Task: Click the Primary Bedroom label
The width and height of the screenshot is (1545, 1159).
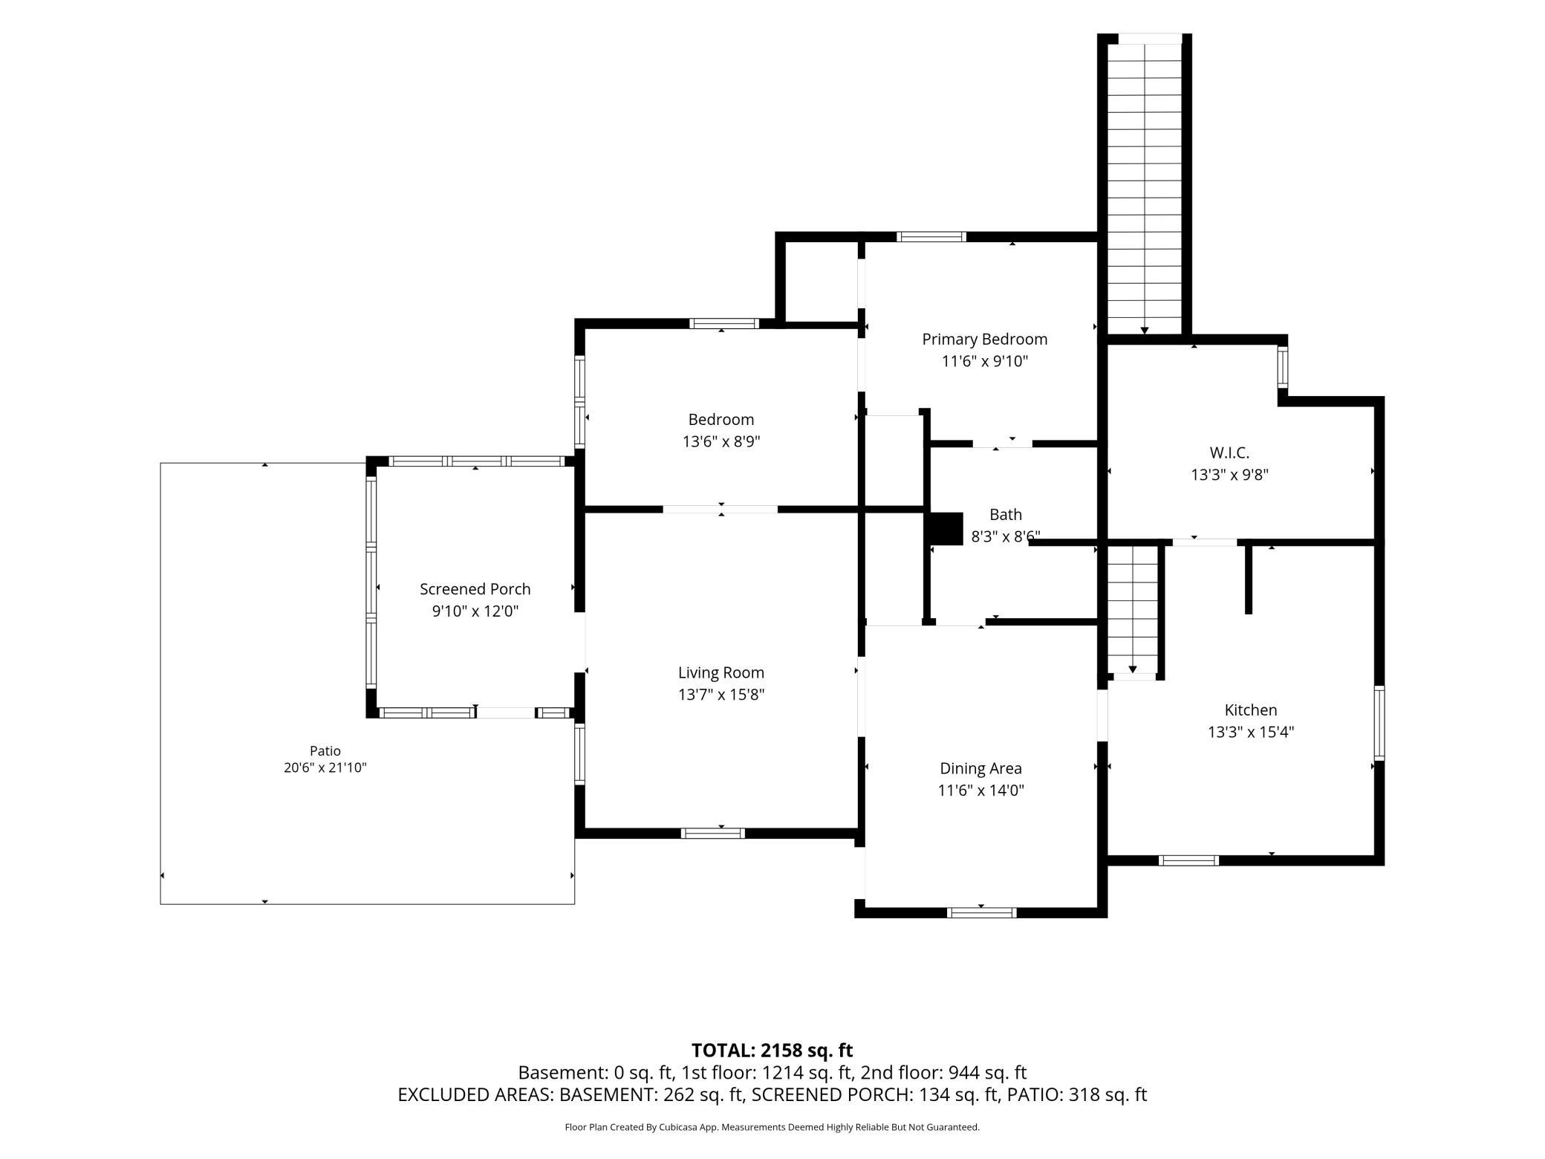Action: point(984,340)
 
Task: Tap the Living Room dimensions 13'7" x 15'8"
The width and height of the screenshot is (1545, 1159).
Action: point(721,695)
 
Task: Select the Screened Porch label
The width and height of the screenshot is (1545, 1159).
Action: point(475,589)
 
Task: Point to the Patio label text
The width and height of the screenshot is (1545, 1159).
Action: point(325,751)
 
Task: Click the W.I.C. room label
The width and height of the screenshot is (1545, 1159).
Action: point(1229,452)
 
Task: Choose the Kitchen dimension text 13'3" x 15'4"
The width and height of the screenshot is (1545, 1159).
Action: point(1251,732)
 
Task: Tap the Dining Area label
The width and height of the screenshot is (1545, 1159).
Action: point(980,769)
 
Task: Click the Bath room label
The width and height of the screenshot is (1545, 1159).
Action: point(1006,515)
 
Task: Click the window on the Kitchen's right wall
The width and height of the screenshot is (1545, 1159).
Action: point(1379,723)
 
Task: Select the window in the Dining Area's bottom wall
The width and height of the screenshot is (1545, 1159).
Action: point(981,912)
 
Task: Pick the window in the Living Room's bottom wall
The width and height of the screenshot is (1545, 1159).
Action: point(713,833)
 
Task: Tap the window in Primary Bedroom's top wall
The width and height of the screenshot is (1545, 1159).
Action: point(931,237)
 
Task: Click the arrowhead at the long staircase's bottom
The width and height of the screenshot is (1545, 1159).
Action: point(1145,331)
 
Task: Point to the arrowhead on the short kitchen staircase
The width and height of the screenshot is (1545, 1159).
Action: point(1133,669)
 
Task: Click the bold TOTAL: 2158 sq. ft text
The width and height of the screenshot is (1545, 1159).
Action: point(772,1051)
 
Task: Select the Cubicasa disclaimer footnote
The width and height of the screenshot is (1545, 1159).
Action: point(772,1127)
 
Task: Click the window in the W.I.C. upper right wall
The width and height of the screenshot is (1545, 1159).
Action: point(1283,367)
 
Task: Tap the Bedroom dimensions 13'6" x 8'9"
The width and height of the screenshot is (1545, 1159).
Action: point(721,442)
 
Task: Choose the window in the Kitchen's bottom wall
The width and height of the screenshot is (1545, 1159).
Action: point(1188,860)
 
